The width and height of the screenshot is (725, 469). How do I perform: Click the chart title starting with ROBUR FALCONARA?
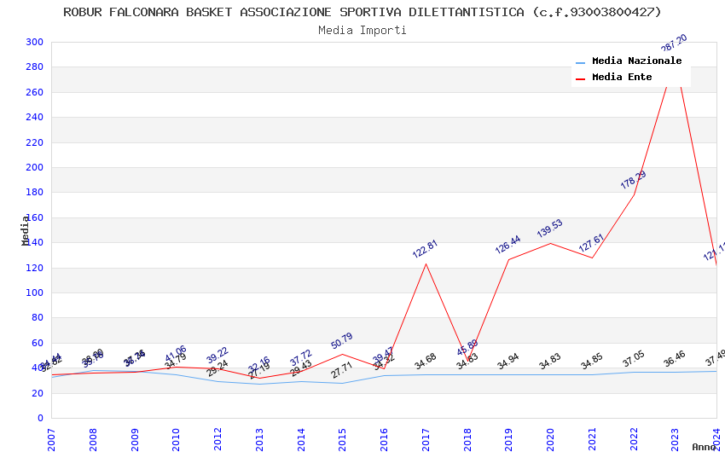coord(362,12)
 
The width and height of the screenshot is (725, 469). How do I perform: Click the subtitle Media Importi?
coord(362,30)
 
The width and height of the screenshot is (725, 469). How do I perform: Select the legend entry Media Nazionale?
coord(636,61)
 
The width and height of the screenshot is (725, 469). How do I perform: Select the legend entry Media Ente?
coord(622,78)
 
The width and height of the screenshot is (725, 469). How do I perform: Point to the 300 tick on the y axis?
coord(35,42)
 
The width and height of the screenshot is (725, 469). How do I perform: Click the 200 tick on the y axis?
coord(35,167)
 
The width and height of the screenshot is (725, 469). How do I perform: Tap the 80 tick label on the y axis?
coord(38,318)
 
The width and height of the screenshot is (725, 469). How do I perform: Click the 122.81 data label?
coord(425,249)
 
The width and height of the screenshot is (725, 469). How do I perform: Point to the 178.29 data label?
coord(633,180)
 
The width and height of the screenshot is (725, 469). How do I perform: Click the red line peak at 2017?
coord(426,263)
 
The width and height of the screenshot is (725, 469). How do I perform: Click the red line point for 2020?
coord(550,243)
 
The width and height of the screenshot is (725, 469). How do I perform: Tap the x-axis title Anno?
coord(704,447)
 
